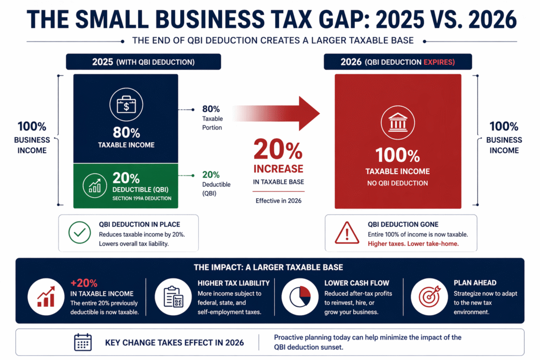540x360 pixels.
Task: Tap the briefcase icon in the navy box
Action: click(126, 105)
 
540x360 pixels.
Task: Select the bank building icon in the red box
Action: click(398, 122)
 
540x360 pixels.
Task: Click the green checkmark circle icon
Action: click(80, 232)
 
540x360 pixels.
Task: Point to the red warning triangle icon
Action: click(347, 233)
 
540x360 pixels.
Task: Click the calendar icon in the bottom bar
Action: click(83, 342)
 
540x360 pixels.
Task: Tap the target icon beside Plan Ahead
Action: click(429, 297)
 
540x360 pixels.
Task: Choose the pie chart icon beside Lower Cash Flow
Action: click(300, 297)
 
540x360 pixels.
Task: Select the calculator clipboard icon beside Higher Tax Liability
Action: click(173, 297)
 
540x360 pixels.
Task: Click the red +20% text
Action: click(84, 283)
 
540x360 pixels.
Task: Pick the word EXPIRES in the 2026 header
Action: click(439, 62)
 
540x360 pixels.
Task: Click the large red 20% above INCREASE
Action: click(278, 149)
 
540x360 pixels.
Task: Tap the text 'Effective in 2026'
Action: click(278, 201)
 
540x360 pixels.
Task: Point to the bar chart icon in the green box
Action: click(95, 187)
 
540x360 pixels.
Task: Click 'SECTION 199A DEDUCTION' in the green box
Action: click(142, 198)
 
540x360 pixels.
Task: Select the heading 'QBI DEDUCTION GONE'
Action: click(403, 225)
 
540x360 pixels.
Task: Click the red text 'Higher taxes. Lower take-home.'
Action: click(413, 244)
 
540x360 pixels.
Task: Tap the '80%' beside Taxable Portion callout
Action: click(211, 109)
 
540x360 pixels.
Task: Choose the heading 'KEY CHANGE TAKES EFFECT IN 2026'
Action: click(174, 343)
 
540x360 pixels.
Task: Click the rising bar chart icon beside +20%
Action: click(46, 297)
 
